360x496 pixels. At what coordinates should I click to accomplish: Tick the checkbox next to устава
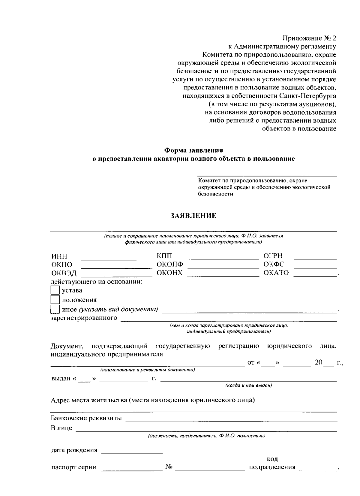(55, 290)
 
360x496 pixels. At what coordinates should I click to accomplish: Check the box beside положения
(55, 300)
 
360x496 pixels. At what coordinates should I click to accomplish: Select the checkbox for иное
(55, 309)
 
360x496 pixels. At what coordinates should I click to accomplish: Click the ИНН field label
(59, 256)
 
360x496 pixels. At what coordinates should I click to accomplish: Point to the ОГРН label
(273, 256)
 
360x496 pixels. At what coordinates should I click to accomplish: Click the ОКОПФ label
(170, 264)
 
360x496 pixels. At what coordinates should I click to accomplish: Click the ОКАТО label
(276, 273)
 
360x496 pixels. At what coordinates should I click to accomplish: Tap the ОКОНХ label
(169, 273)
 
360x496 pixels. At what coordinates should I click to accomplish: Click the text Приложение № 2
(309, 38)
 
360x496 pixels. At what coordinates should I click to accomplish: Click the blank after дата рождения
(132, 452)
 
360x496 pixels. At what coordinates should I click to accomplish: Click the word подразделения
(272, 467)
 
